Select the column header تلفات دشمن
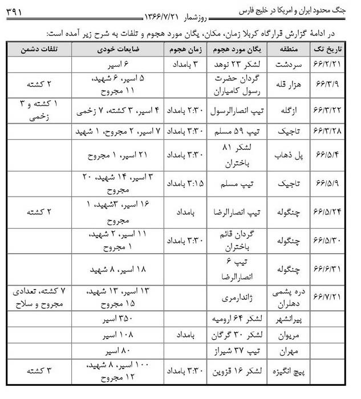(x=35, y=50)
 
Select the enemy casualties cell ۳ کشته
(x=35, y=370)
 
